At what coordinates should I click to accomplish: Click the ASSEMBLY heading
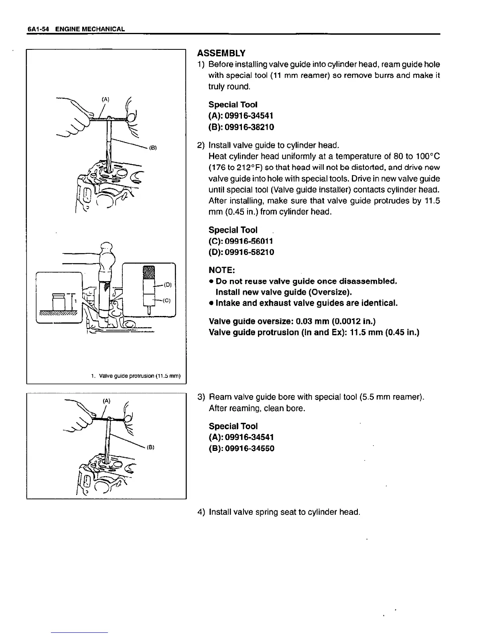tap(221, 53)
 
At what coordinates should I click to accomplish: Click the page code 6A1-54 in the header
tap(38, 29)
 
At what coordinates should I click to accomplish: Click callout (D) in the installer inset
tap(168, 285)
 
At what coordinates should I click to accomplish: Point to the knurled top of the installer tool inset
tap(149, 272)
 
